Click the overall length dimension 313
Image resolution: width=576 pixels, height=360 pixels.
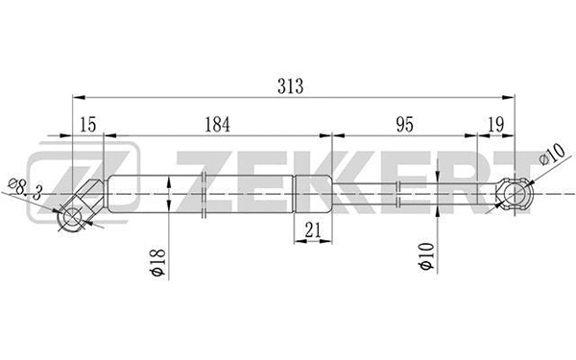point(289,85)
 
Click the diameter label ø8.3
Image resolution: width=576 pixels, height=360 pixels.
point(23,187)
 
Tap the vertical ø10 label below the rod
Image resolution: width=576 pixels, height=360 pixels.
point(426,257)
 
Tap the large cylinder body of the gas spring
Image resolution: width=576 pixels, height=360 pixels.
point(202,194)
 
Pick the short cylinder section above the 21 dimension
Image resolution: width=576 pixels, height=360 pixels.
point(312,194)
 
